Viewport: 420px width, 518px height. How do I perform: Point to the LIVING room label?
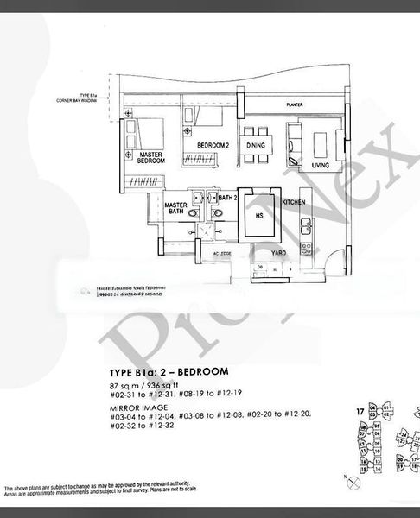click(321, 164)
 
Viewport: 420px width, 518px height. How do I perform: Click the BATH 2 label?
click(228, 199)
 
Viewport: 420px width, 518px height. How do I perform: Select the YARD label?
click(278, 254)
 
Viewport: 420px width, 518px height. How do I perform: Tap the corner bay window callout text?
click(80, 99)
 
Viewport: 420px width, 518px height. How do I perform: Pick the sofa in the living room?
click(295, 147)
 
